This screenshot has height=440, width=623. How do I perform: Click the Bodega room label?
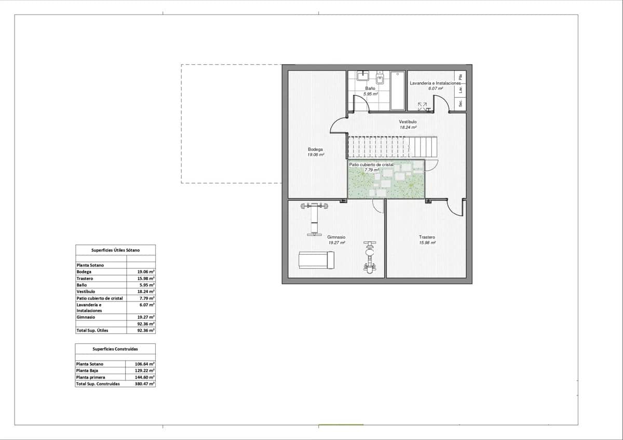tap(316, 149)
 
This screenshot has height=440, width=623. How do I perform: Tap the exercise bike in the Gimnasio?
tap(369, 257)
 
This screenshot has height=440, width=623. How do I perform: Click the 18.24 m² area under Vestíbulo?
tap(408, 127)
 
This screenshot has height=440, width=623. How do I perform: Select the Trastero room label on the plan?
tap(427, 237)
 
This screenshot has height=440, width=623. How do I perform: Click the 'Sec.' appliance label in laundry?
tap(461, 103)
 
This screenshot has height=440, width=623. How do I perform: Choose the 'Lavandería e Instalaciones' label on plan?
tap(435, 83)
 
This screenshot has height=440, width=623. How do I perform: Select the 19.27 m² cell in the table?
tap(146, 317)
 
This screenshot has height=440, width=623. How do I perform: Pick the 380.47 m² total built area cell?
tap(145, 384)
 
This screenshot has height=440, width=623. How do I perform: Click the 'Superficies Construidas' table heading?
tap(115, 349)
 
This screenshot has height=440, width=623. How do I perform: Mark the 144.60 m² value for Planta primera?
tap(145, 378)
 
